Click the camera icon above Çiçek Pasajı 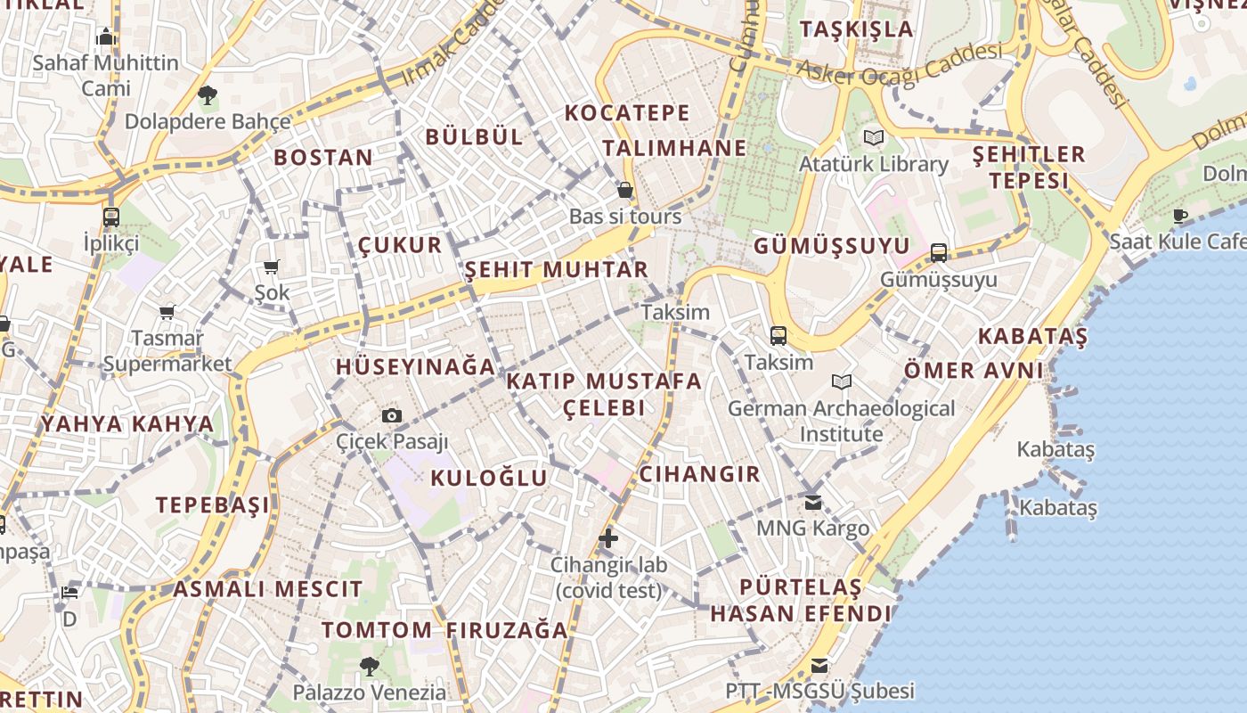pos(391,415)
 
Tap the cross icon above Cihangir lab pos(608,537)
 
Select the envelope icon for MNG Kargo pos(812,502)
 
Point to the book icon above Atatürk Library pos(873,138)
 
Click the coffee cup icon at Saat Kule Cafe pos(1180,215)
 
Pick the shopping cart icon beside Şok pos(272,266)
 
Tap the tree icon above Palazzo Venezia pos(369,665)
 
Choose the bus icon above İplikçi pos(111,217)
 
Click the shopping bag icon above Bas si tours pos(625,190)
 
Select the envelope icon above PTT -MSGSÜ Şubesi pos(819,666)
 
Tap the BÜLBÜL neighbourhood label pos(474,136)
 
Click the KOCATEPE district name pos(627,113)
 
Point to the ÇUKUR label pos(400,245)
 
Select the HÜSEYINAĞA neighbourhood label pos(415,366)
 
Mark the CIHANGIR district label pos(699,473)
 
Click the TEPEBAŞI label pos(212,505)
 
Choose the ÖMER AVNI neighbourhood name pos(973,370)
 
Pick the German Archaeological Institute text pos(841,421)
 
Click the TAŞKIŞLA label pos(856,29)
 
